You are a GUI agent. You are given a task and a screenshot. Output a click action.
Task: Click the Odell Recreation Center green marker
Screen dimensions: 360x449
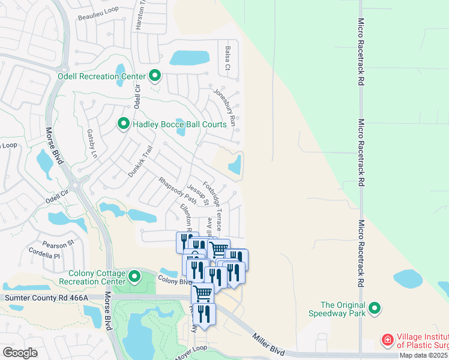pos(155,76)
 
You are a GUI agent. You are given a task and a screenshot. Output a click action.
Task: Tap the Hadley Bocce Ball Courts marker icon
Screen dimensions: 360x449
pos(124,124)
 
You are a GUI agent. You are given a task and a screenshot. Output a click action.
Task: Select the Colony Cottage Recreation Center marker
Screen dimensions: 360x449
pos(134,277)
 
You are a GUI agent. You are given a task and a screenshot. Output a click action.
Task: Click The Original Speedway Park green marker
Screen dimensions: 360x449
pos(375,308)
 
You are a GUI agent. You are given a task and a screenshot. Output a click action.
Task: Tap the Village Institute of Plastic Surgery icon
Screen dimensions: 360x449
pos(388,341)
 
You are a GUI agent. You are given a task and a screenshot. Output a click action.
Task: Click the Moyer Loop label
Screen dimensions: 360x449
pos(190,353)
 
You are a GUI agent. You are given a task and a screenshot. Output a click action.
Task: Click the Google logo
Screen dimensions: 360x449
pos(20,352)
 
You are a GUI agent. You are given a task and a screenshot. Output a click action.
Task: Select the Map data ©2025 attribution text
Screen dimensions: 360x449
pos(424,355)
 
